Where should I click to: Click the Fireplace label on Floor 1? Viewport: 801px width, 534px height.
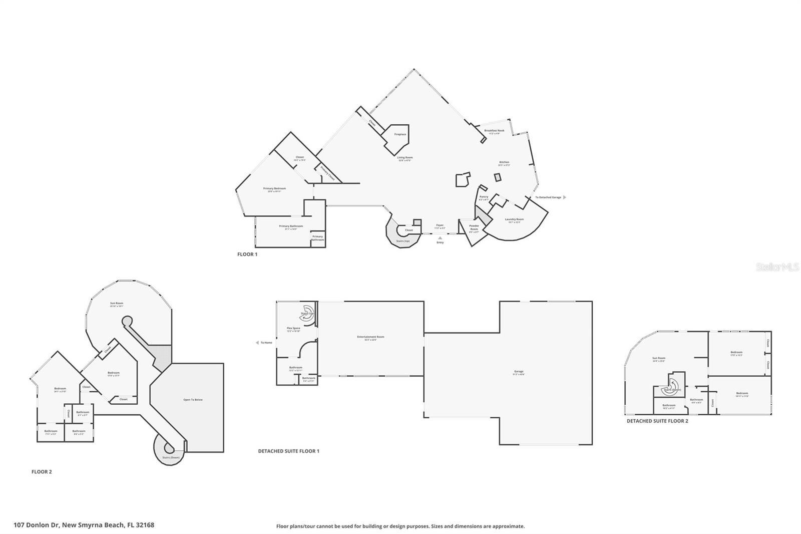coord(400,134)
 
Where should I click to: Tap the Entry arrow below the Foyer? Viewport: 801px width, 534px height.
coord(440,238)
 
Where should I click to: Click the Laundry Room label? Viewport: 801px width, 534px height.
coord(514,219)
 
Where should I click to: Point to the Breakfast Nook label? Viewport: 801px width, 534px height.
coord(494,131)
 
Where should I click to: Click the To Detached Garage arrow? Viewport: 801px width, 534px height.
coord(565,197)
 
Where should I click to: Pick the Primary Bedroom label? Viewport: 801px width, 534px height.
coord(274,189)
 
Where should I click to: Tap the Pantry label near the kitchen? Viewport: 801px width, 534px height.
coord(484,197)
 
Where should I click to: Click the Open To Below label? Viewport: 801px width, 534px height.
coord(193,400)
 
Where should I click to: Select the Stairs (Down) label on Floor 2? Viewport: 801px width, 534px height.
coord(171,457)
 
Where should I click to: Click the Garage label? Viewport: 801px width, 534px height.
coord(519,372)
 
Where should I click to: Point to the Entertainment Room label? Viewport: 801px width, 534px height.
coord(370,337)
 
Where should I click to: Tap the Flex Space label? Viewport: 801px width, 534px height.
coord(293,329)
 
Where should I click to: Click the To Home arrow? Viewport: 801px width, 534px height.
coord(257,343)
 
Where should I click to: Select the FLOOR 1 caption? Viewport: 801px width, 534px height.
coord(247,254)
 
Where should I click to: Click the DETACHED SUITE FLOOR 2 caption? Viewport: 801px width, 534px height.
coord(657,421)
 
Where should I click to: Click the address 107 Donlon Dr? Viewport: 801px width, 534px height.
coord(84,525)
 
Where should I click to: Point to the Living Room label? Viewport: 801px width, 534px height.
coord(405,158)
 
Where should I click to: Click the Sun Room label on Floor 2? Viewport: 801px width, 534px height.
coord(117,304)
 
